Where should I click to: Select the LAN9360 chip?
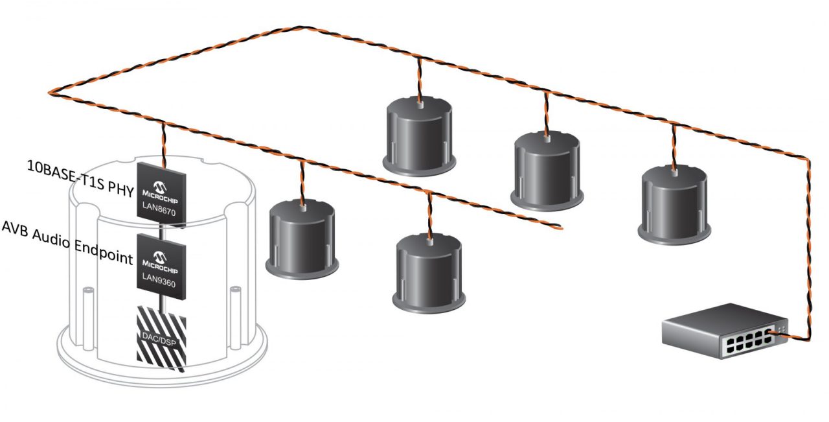pos(160,267)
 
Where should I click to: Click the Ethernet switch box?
pos(722,330)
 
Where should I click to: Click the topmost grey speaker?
pos(419,136)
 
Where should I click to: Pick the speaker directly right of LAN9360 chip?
pos(302,236)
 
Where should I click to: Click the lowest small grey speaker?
pos(429,270)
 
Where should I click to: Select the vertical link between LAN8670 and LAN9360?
pos(161,228)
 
